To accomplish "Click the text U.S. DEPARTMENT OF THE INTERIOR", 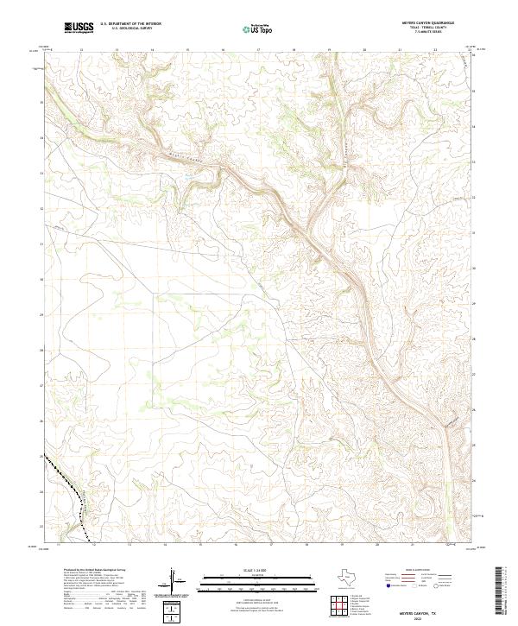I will pos(130,24).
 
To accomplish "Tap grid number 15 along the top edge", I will pos(187,50).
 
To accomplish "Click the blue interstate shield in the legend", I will pos(388,585).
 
